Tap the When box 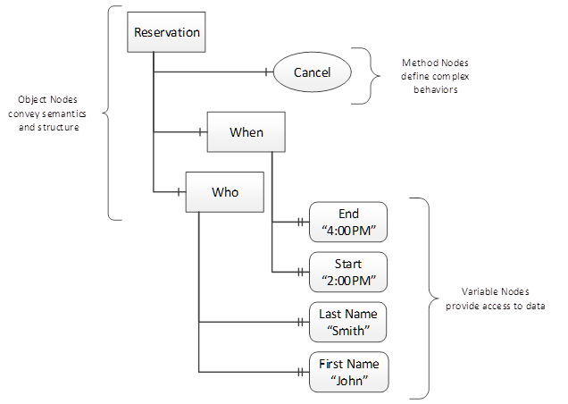[246, 133]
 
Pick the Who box [225, 191]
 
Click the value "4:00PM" [347, 231]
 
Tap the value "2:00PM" [347, 279]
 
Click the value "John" [347, 381]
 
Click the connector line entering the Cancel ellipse [214, 72]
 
